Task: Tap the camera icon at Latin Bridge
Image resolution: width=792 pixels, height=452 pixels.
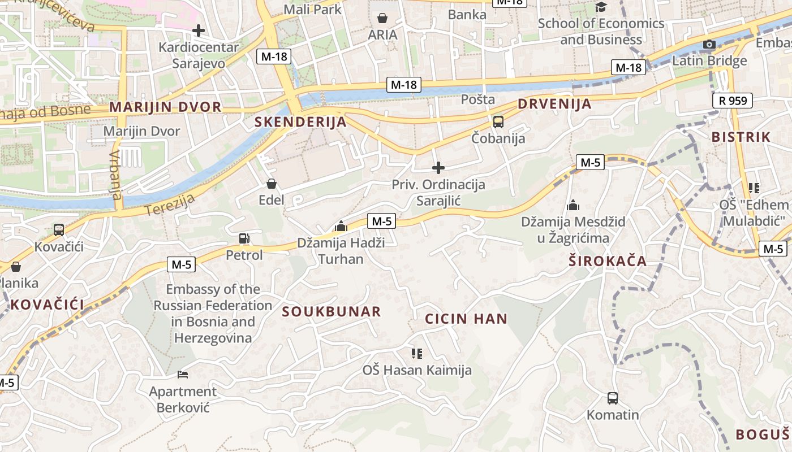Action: pyautogui.click(x=709, y=44)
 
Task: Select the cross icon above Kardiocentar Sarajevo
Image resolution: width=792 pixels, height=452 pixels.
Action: pyautogui.click(x=199, y=30)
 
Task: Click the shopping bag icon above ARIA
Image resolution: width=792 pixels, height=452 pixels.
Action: pyautogui.click(x=382, y=18)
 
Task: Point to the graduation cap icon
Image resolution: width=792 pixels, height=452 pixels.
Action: pyautogui.click(x=601, y=7)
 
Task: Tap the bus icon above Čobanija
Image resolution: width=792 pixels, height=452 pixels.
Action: pyautogui.click(x=498, y=121)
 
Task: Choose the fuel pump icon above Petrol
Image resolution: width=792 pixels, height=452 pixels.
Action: pyautogui.click(x=244, y=238)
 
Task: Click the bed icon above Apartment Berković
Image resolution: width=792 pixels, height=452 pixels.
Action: pyautogui.click(x=182, y=374)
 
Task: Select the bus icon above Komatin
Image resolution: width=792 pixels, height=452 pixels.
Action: pyautogui.click(x=612, y=398)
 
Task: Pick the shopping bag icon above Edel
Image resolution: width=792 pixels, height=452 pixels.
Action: pyautogui.click(x=271, y=184)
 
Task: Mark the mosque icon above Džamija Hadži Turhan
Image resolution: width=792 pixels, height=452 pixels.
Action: pyautogui.click(x=341, y=226)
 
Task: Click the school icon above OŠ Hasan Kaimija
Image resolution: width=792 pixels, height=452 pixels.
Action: pyautogui.click(x=417, y=354)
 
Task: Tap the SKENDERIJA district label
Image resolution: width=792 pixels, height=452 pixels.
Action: pyautogui.click(x=300, y=121)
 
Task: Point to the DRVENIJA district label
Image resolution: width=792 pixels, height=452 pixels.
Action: pyautogui.click(x=554, y=104)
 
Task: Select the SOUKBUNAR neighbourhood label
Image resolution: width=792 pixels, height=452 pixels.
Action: pyautogui.click(x=332, y=312)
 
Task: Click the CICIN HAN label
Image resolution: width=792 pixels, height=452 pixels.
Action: pyautogui.click(x=466, y=319)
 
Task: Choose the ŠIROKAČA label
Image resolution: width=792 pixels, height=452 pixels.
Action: pyautogui.click(x=608, y=261)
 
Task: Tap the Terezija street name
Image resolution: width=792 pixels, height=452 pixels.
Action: pyautogui.click(x=170, y=205)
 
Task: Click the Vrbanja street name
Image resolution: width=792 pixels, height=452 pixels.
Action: pyautogui.click(x=115, y=175)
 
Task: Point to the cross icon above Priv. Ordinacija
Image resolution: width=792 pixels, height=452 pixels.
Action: pyautogui.click(x=438, y=168)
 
